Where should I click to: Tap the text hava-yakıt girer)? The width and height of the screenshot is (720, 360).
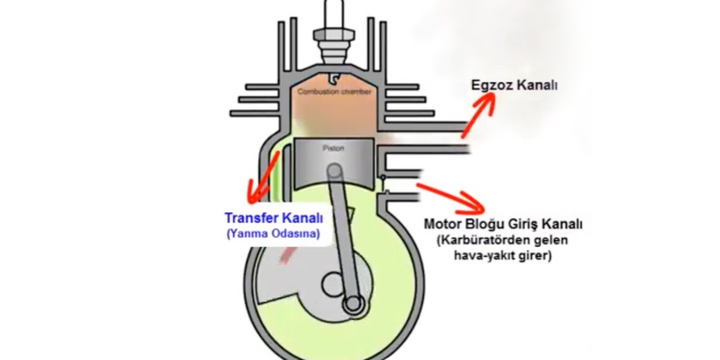(x=501, y=256)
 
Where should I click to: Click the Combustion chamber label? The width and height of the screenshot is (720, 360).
(x=334, y=92)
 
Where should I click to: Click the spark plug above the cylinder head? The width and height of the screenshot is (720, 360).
(x=334, y=26)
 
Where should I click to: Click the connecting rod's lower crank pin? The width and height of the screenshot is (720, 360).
(x=353, y=304)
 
